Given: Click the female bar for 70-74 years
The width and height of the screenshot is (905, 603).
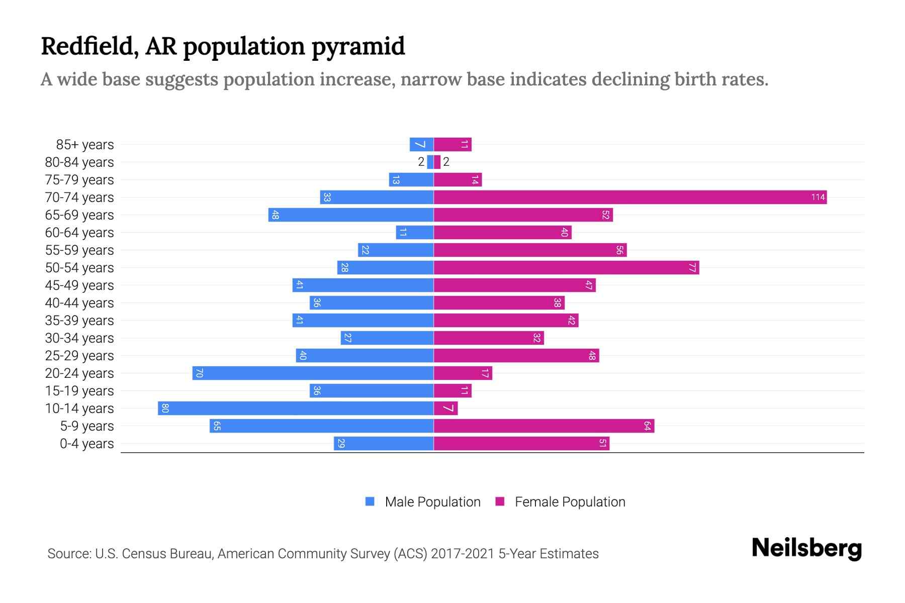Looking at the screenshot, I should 630,197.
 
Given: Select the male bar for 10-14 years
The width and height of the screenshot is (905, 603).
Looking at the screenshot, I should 296,409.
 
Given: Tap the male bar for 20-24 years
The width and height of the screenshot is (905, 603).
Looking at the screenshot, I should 313,373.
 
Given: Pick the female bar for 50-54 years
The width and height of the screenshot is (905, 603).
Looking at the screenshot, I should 566,268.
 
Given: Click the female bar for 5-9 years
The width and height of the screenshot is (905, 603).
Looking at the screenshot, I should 544,426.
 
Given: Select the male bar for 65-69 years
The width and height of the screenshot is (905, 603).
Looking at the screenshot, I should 351,215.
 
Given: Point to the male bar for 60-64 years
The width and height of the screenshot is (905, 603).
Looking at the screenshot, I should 415,233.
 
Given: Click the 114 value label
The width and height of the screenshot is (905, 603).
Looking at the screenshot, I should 818,197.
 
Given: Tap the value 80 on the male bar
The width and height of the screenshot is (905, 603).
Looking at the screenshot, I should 165,409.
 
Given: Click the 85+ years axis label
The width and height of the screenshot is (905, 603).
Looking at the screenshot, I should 84,145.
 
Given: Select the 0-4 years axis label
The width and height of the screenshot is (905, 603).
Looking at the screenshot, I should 86,444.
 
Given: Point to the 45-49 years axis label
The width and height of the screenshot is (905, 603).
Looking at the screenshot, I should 79,285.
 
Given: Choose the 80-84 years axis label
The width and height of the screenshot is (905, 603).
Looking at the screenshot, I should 79,162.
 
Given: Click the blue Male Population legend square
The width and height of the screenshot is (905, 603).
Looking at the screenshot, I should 370,501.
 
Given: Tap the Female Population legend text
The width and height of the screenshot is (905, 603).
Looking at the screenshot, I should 570,502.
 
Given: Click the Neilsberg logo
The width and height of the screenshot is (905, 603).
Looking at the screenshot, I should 806,548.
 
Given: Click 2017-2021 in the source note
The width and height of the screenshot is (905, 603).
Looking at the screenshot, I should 463,554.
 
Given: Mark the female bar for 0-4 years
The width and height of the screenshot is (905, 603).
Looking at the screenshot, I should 521,444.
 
